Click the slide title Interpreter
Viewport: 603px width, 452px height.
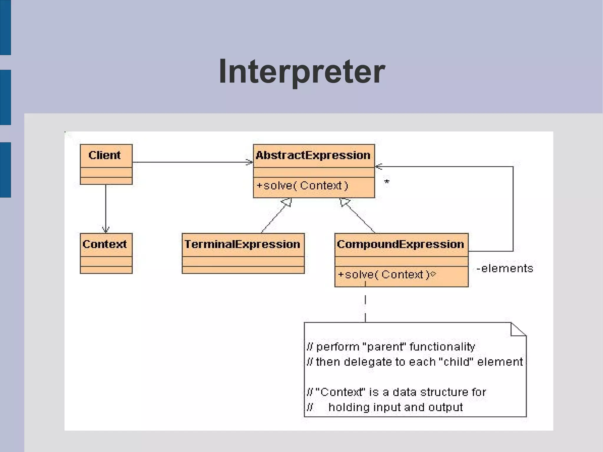tap(302, 72)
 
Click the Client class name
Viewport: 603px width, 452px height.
tap(105, 155)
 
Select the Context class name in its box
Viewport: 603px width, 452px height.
tap(105, 244)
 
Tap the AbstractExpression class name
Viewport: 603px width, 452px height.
tap(313, 155)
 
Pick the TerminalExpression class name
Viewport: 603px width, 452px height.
tap(242, 244)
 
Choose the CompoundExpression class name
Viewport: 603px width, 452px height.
tap(400, 244)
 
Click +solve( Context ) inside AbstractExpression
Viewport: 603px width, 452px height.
tap(302, 186)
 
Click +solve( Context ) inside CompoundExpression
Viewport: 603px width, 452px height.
tap(384, 275)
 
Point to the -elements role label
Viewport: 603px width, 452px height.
tap(505, 269)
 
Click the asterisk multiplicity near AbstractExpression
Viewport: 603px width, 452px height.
tap(387, 182)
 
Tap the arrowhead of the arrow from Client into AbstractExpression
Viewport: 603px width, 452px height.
tap(250, 162)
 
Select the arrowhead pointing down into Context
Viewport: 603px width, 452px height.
tap(106, 229)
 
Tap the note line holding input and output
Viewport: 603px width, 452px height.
tap(395, 408)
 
